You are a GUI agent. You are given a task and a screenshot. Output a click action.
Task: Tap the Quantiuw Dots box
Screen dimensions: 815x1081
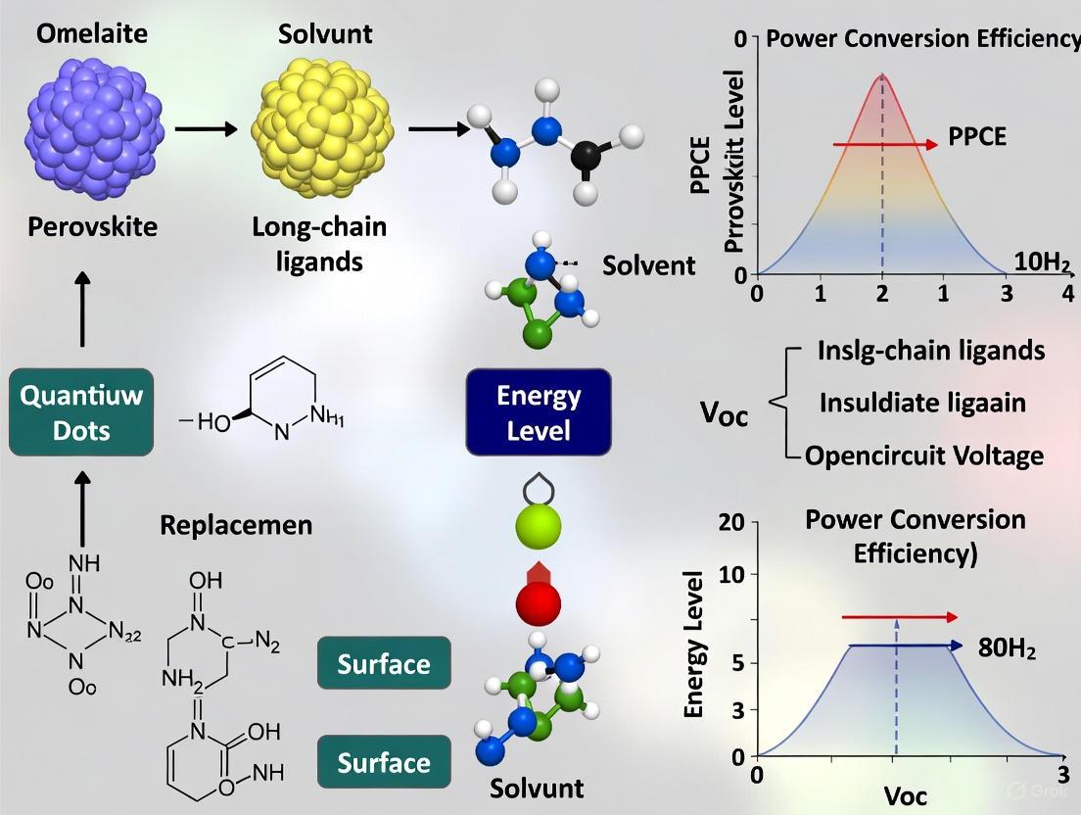coord(81,411)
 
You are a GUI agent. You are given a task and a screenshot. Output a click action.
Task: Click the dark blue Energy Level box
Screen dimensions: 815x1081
coord(538,412)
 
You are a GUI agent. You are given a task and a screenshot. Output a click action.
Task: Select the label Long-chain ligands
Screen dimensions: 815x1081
coord(319,244)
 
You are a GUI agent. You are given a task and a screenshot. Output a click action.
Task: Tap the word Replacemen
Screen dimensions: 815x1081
coord(236,524)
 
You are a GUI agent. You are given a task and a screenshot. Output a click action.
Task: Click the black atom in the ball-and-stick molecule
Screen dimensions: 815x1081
coord(586,154)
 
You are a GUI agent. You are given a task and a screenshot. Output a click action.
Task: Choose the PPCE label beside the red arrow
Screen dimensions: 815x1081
coord(976,137)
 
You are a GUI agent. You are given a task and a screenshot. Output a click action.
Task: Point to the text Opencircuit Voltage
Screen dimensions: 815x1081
coord(924,455)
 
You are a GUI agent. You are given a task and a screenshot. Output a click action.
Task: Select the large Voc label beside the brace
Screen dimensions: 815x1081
coord(725,414)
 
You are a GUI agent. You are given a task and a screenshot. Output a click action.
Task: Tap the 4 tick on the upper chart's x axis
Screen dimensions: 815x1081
coord(1067,292)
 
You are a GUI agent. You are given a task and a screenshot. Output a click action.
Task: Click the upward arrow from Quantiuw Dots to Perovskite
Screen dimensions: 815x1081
coord(82,309)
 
